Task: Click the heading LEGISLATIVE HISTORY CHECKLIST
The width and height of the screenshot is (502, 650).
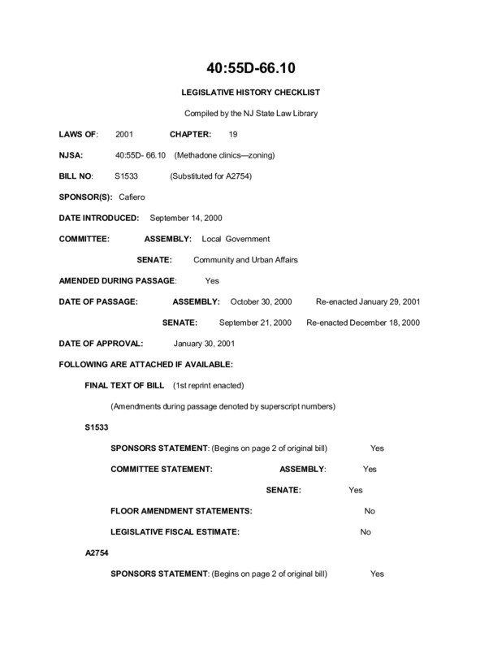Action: [251, 93]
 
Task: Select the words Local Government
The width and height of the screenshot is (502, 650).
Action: [235, 239]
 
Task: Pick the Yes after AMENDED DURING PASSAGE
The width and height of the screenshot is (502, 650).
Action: [213, 280]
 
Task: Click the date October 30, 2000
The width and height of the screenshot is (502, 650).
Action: [262, 301]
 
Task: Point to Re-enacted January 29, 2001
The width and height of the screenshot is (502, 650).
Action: [368, 301]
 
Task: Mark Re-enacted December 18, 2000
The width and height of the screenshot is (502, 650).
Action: [362, 323]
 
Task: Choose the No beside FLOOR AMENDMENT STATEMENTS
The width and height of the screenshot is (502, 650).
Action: [370, 511]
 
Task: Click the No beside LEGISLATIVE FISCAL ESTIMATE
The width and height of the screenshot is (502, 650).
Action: [365, 532]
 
